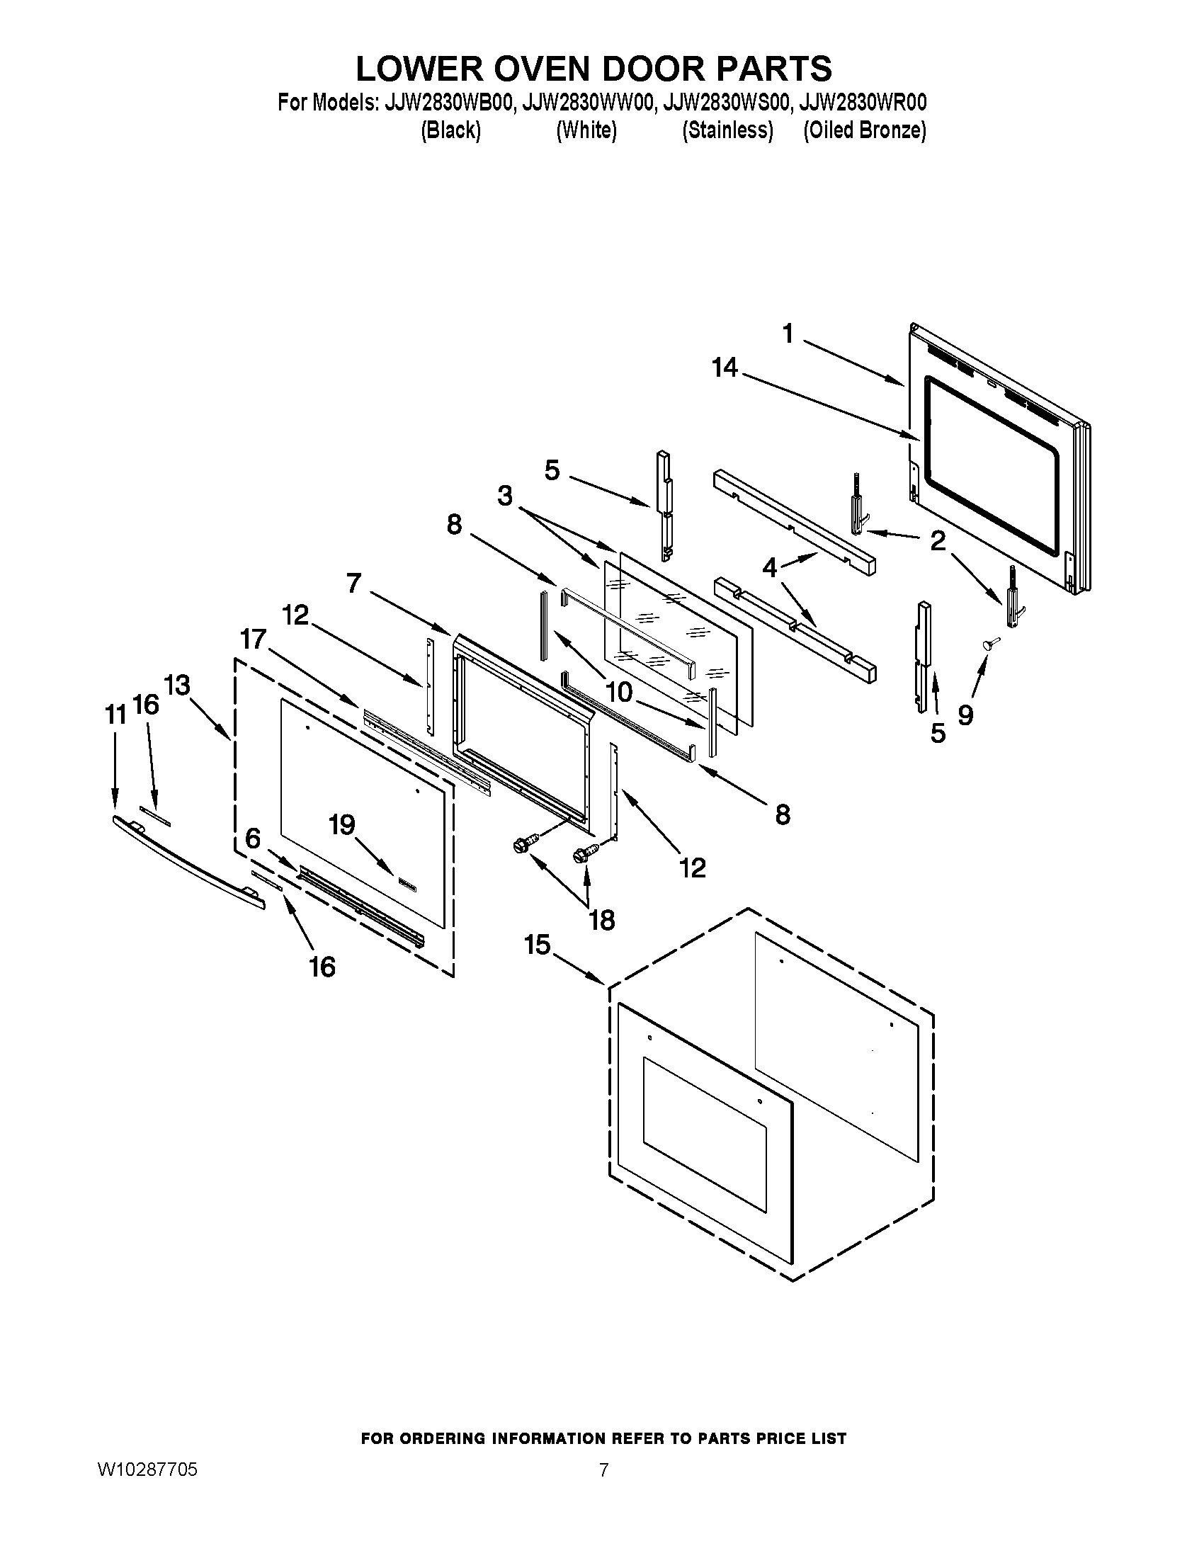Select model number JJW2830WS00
pos(726,103)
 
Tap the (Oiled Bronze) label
pos(865,131)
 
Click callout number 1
pos(788,333)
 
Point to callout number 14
pos(725,368)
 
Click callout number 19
pos(341,824)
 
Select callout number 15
pos(538,945)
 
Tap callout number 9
pos(965,715)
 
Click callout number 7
pos(355,584)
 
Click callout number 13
pos(177,686)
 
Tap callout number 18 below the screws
pos(602,920)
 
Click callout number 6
pos(253,838)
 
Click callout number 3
pos(505,496)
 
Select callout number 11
pos(115,713)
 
